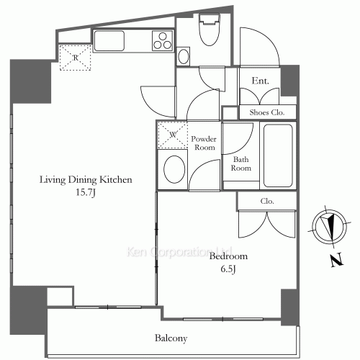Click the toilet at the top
[x=210, y=30]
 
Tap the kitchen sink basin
[x=109, y=40]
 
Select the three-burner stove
[x=163, y=41]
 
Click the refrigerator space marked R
[x=76, y=58]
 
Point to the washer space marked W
[x=173, y=135]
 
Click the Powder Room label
[x=204, y=143]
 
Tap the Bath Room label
[x=241, y=163]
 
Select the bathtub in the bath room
[x=278, y=156]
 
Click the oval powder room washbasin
[x=174, y=168]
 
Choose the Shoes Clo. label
[x=267, y=112]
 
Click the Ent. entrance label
[x=260, y=81]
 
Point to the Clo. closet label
[x=267, y=201]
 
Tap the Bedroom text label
[x=228, y=256]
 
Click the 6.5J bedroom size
[x=228, y=269]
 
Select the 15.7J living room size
[x=86, y=192]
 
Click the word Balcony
[x=171, y=338]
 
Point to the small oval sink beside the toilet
[x=184, y=56]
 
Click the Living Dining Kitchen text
[x=86, y=179]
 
